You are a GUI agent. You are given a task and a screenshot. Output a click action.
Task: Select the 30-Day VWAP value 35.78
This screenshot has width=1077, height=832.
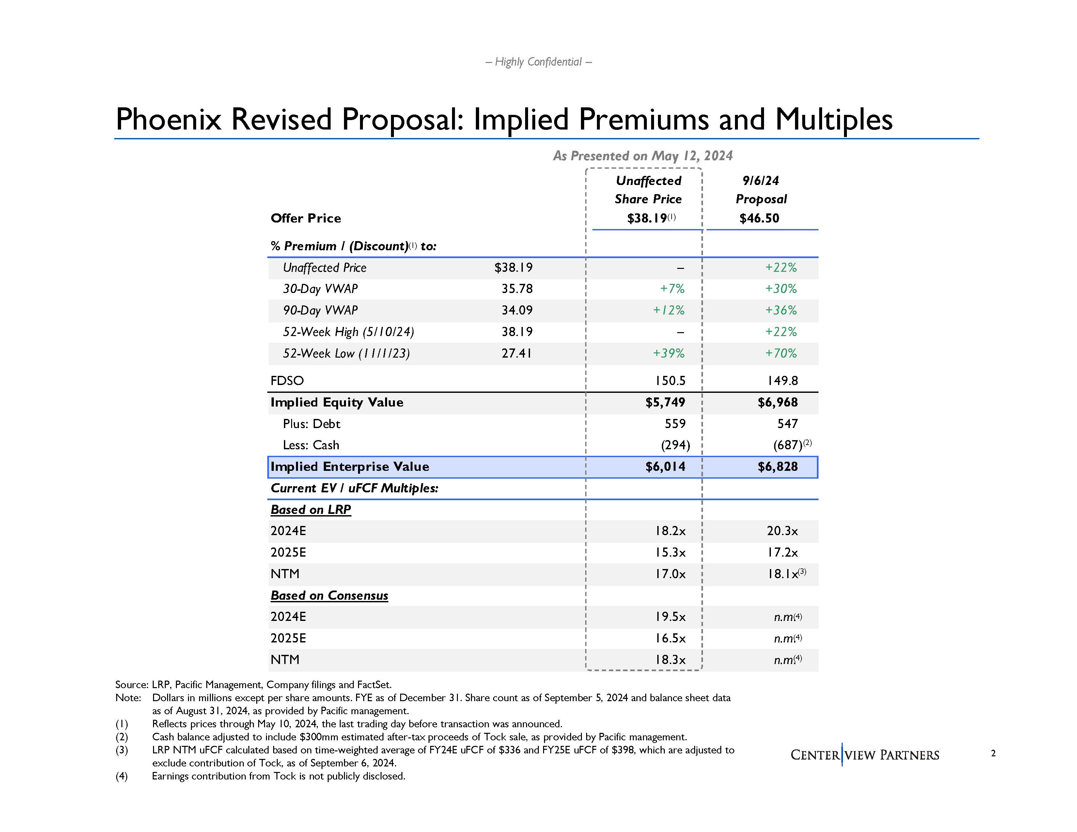point(517,289)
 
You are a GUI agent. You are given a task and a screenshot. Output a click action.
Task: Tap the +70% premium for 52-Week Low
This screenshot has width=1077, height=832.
point(781,353)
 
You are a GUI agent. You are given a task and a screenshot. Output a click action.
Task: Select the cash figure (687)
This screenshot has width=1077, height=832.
point(787,445)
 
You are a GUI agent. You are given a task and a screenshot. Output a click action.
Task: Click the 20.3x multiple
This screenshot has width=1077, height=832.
point(782,531)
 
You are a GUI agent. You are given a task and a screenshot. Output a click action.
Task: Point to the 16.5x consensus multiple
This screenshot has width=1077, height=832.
point(670,638)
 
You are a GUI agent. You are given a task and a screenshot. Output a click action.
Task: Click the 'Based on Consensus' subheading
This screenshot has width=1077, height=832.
point(329,595)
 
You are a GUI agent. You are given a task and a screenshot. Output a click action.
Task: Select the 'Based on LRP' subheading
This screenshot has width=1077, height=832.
point(311,510)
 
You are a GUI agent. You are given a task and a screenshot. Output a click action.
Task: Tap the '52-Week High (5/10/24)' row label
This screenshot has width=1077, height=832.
point(348,332)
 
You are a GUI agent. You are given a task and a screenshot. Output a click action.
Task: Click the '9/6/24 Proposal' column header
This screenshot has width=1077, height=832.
point(761,190)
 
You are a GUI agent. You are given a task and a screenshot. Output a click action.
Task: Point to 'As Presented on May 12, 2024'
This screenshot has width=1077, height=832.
point(643,156)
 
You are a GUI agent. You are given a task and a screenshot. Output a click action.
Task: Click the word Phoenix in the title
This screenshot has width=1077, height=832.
point(168,119)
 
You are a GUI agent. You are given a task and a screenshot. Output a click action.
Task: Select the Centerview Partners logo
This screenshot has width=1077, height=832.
point(865,755)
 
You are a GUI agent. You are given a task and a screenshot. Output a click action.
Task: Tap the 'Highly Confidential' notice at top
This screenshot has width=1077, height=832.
point(538,62)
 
